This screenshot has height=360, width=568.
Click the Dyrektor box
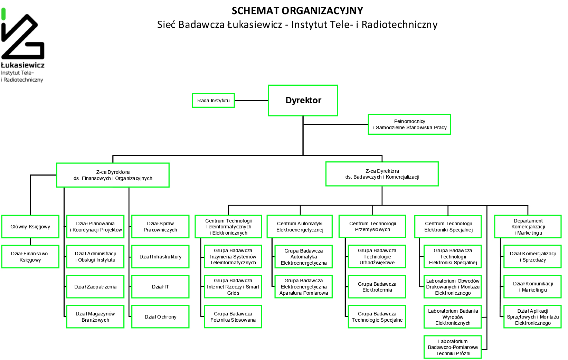coord(303,100)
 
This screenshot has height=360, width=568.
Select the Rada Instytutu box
coord(213,101)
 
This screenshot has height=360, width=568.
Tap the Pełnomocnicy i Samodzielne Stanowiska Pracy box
coord(409,124)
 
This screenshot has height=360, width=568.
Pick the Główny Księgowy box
coord(30,227)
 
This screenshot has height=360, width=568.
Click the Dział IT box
coord(160,287)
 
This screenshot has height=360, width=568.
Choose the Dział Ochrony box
coord(160,317)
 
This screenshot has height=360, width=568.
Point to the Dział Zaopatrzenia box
coord(95,287)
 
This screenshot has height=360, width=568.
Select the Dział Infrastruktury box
coord(160,257)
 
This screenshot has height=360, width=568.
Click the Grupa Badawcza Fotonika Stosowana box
coord(233,317)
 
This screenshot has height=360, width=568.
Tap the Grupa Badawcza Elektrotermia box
coord(377,287)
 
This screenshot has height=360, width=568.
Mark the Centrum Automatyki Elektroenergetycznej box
coord(300,227)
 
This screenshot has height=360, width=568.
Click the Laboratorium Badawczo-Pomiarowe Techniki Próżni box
coord(453,347)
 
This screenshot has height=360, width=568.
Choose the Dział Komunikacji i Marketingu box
coord(532,287)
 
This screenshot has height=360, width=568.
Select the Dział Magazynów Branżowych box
coord(95,317)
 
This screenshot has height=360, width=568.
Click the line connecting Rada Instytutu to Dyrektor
coord(251,101)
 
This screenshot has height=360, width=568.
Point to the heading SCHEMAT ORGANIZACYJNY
coord(297,11)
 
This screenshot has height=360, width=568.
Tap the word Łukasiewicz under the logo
coord(23,65)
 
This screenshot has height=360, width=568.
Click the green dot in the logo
coord(3,14)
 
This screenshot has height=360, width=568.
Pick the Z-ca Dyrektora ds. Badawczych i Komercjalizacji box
coord(382,174)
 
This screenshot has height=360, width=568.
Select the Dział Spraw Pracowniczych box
coord(160,227)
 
